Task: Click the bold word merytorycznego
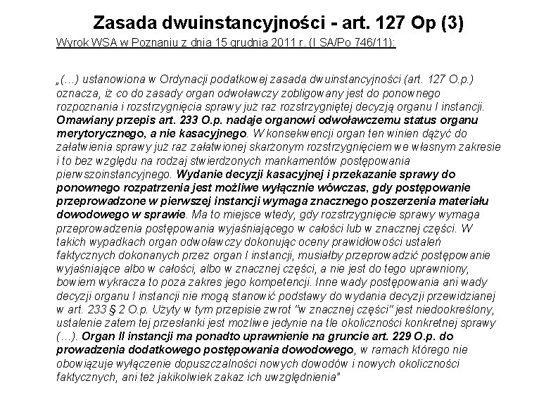(95, 132)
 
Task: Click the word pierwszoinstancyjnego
(115, 173)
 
